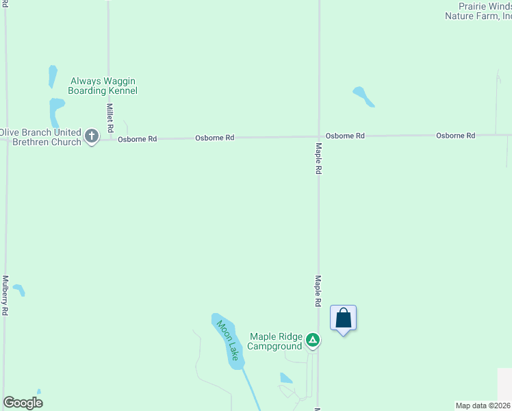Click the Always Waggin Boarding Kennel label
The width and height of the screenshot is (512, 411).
pyautogui.click(x=104, y=86)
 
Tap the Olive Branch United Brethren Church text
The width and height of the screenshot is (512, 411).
pyautogui.click(x=41, y=136)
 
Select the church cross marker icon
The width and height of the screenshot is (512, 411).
pyautogui.click(x=92, y=136)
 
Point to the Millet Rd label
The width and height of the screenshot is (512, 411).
pyautogui.click(x=110, y=118)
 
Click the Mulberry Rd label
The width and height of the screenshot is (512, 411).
pyautogui.click(x=5, y=295)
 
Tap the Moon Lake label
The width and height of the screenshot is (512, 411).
pyautogui.click(x=228, y=340)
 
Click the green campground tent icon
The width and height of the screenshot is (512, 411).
pyautogui.click(x=313, y=340)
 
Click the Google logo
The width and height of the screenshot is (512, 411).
pyautogui.click(x=23, y=403)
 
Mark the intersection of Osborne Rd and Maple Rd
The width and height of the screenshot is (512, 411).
pyautogui.click(x=319, y=136)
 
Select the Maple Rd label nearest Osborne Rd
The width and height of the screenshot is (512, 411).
pyautogui.click(x=319, y=158)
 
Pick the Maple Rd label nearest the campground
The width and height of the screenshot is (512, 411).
pyautogui.click(x=318, y=291)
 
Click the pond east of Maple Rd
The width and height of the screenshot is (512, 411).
pyautogui.click(x=363, y=96)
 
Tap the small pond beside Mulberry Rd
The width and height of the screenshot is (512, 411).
pyautogui.click(x=19, y=290)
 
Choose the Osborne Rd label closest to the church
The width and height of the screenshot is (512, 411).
pyautogui.click(x=137, y=139)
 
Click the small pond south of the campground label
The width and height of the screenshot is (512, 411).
pyautogui.click(x=286, y=377)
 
